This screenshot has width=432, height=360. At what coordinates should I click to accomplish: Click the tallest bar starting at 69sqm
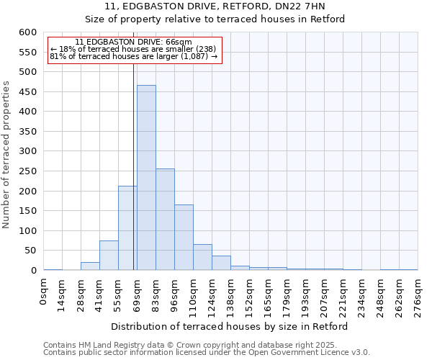click(146, 178)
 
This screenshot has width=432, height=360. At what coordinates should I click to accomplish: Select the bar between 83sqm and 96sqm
click(165, 220)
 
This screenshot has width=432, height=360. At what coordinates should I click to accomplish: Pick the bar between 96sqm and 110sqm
click(184, 238)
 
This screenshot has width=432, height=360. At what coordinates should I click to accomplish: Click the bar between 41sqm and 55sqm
click(109, 256)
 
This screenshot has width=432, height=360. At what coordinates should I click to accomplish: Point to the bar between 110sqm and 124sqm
click(202, 257)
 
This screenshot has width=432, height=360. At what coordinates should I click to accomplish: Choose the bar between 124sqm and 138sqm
click(221, 263)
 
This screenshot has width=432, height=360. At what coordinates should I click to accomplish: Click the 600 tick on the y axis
click(27, 32)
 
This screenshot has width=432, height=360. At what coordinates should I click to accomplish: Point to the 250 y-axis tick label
click(27, 171)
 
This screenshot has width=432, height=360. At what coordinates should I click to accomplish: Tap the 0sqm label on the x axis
click(44, 292)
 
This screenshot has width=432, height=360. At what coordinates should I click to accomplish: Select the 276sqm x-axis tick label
click(418, 295)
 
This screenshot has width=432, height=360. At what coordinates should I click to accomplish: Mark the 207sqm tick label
click(325, 295)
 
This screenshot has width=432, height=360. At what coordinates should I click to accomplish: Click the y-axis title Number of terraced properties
click(6, 155)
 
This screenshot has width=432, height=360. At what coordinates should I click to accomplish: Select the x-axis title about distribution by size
click(230, 326)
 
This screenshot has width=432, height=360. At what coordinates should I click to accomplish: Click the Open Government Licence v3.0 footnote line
click(207, 352)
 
